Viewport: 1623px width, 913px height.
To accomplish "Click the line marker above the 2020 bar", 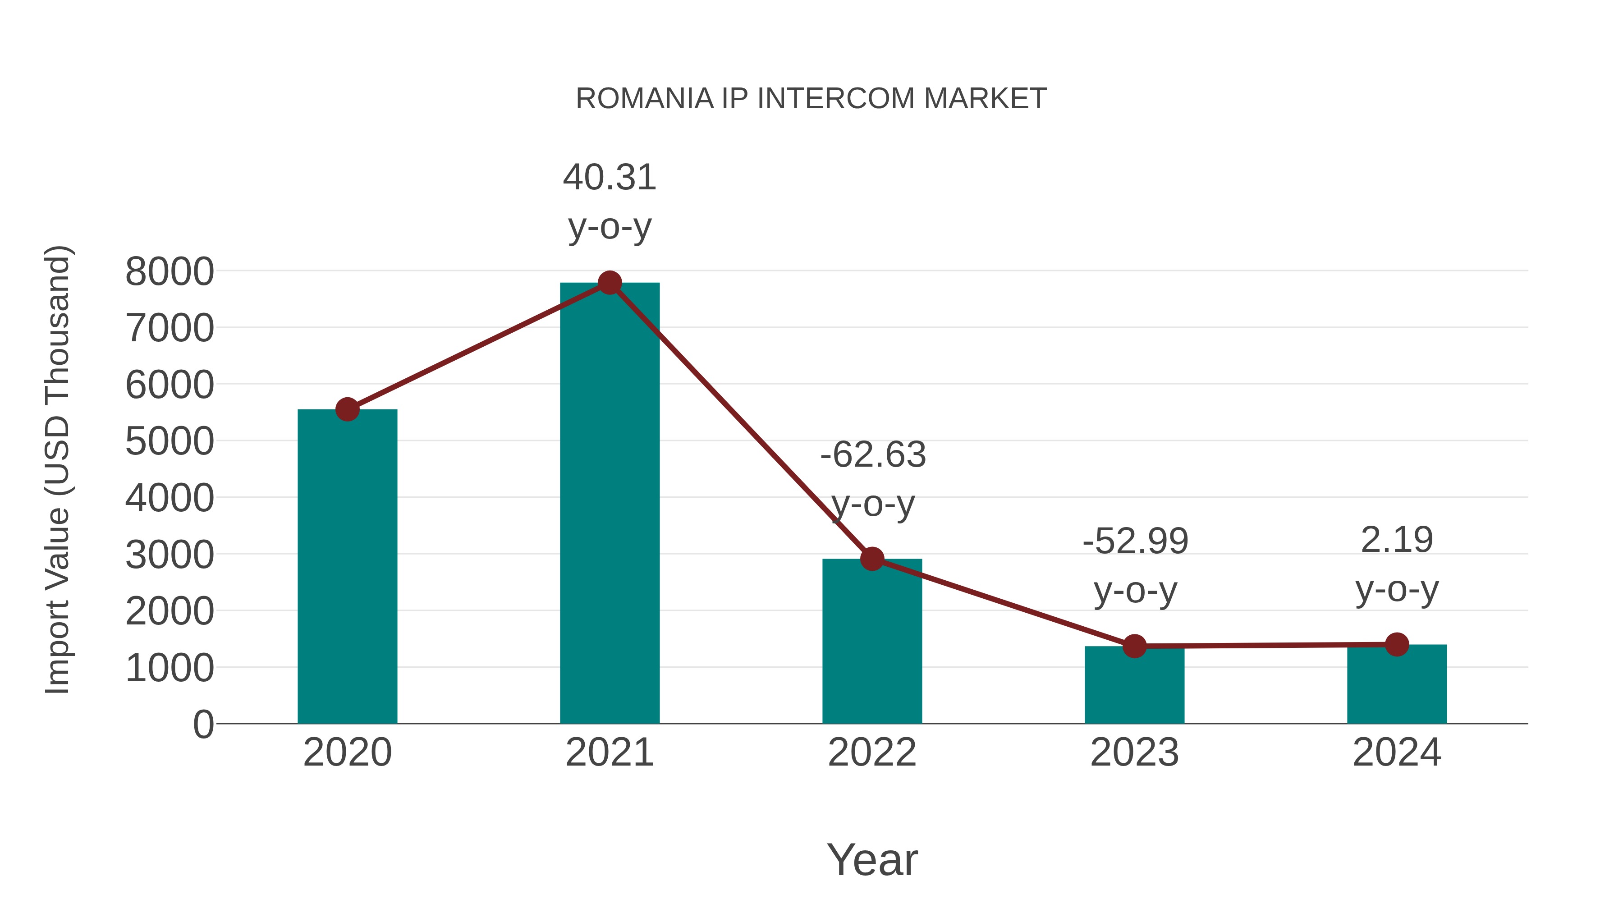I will pyautogui.click(x=347, y=409).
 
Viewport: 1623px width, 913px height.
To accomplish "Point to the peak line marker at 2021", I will pyautogui.click(x=609, y=283).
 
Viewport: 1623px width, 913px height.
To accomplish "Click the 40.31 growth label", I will pyautogui.click(x=609, y=178).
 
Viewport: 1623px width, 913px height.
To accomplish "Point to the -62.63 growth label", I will pyautogui.click(x=873, y=455).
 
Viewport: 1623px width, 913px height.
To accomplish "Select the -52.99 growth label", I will pyautogui.click(x=1135, y=541).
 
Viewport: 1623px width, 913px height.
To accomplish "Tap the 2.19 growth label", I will pyautogui.click(x=1397, y=540).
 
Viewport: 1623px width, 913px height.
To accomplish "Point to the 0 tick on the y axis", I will pyautogui.click(x=203, y=724).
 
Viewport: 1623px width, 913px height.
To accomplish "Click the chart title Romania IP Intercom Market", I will pyautogui.click(x=811, y=99).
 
